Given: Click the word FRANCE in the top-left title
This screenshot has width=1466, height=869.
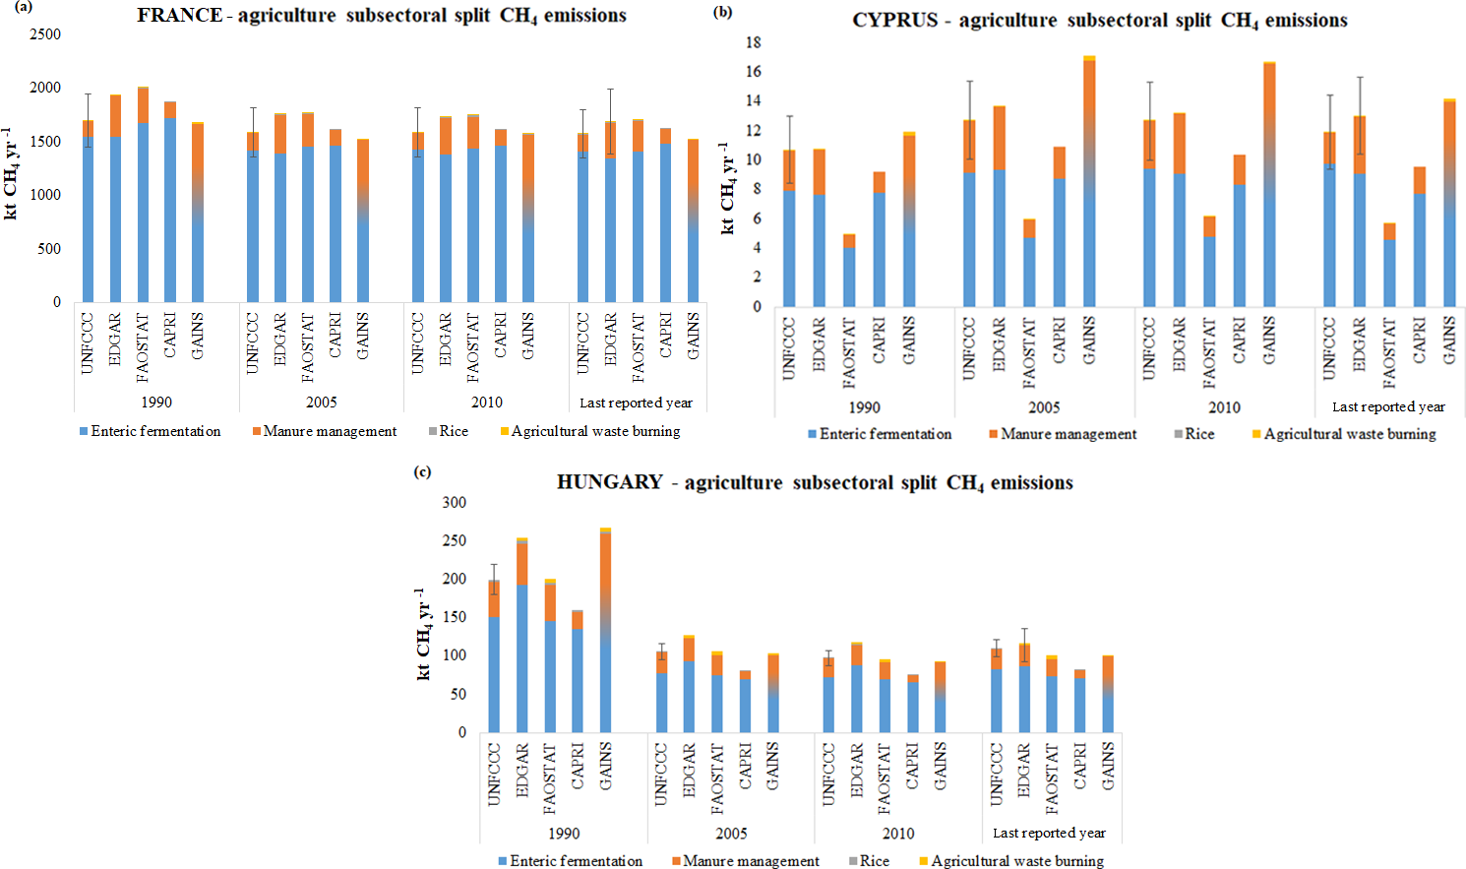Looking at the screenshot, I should pyautogui.click(x=179, y=16).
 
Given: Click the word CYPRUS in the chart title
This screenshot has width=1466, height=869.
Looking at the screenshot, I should pyautogui.click(x=894, y=21).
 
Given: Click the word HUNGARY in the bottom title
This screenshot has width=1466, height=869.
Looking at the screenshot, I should pyautogui.click(x=609, y=482).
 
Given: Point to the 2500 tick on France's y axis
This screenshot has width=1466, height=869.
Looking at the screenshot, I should pyautogui.click(x=44, y=34).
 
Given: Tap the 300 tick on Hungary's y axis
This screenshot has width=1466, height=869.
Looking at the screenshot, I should pyautogui.click(x=454, y=502).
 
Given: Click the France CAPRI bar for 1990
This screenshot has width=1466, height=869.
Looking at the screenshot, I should pyautogui.click(x=170, y=207).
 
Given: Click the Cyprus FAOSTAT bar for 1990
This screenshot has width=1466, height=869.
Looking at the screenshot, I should pyautogui.click(x=849, y=272).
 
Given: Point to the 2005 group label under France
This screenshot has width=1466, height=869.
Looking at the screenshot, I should pyautogui.click(x=321, y=403).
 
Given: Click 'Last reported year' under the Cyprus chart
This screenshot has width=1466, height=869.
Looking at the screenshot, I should pyautogui.click(x=1387, y=406).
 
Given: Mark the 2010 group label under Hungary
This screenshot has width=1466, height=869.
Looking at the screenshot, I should pyautogui.click(x=897, y=834).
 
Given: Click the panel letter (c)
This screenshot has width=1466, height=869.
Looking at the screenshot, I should pyautogui.click(x=422, y=471).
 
